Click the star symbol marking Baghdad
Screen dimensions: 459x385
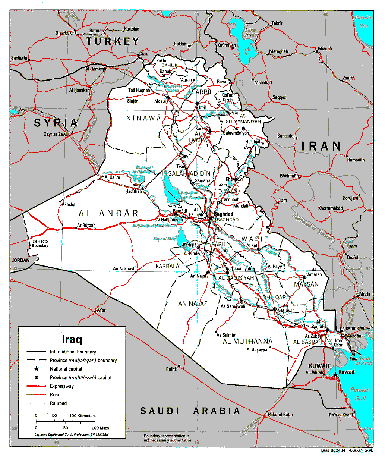tap(211, 218)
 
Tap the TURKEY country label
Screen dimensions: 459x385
tap(113, 41)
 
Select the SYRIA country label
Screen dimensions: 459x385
tap(56, 123)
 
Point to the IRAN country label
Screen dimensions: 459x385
tap(321, 146)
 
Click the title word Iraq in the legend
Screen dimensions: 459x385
tap(72, 339)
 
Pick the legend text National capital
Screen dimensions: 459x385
tap(66, 369)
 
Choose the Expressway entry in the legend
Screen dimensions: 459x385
tap(62, 386)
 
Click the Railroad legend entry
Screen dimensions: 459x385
tap(59, 403)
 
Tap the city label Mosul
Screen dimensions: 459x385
tap(160, 101)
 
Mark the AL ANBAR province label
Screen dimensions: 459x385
tap(108, 213)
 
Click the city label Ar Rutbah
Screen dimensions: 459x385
tap(86, 225)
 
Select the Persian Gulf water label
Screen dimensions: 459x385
tap(360, 394)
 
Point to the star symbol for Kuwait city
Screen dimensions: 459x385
tap(335, 374)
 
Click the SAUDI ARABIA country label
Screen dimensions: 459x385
tap(190, 411)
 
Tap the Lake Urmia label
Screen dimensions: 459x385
tap(250, 32)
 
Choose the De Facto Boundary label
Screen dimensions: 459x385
tap(40, 243)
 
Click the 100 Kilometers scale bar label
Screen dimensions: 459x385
tap(82, 415)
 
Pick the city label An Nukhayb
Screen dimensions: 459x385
tap(124, 268)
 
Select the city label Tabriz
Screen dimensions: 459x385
tap(277, 23)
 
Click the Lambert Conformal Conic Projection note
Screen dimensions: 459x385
tap(69, 434)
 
